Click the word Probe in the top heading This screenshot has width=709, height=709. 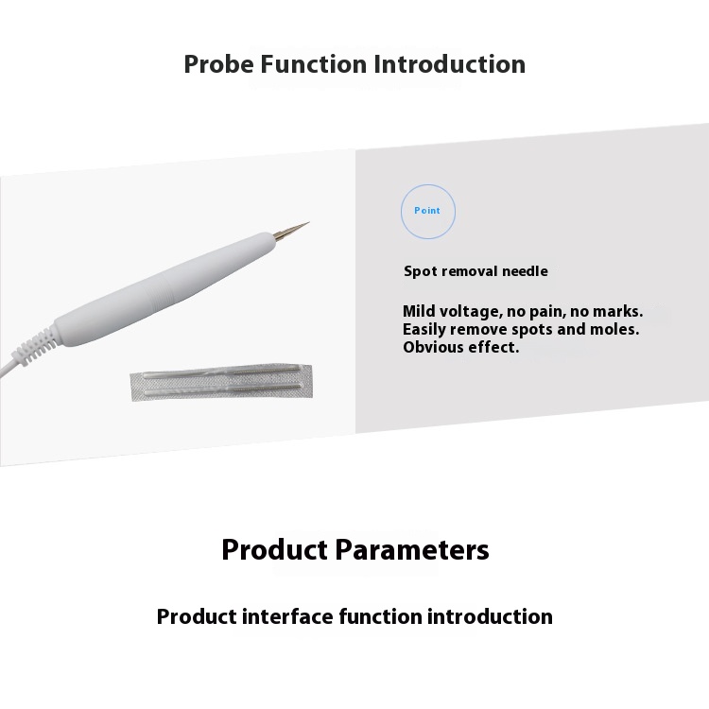218,64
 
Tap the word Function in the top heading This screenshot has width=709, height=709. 313,63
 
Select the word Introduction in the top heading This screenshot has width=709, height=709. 449,63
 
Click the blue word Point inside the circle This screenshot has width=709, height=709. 427,210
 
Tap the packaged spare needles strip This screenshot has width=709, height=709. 221,381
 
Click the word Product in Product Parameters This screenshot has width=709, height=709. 274,550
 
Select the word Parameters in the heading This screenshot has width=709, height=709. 412,550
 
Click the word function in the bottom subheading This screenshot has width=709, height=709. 380,616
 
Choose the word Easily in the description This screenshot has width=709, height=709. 424,330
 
